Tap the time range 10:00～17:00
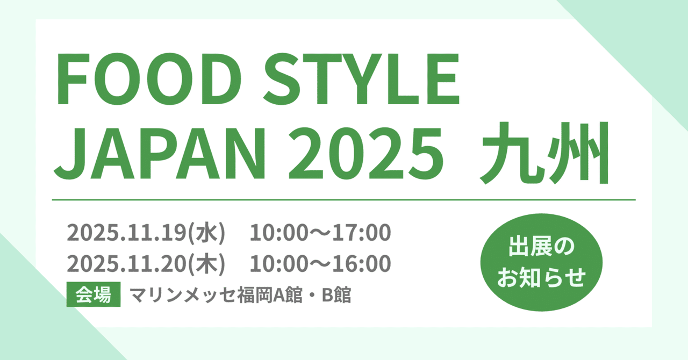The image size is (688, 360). (x=320, y=233)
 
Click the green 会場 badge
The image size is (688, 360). (x=93, y=295)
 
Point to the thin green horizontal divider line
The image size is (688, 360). (x=343, y=200)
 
